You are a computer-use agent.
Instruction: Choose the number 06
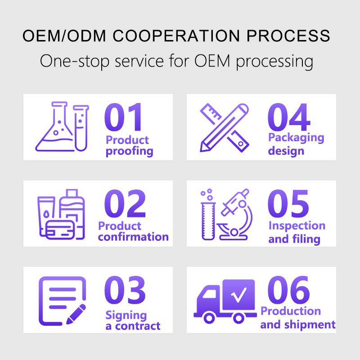pos(289,290)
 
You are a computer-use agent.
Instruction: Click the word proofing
pos(130,152)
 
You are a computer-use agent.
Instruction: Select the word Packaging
pos(296,137)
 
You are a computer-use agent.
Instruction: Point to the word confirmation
pos(133,237)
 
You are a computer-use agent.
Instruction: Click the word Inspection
pos(297,225)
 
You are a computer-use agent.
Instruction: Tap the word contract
pos(138,326)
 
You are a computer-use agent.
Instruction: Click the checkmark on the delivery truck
pos(238,295)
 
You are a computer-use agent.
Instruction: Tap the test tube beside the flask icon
pos(81,127)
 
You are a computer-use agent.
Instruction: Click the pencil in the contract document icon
pos(76,313)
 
